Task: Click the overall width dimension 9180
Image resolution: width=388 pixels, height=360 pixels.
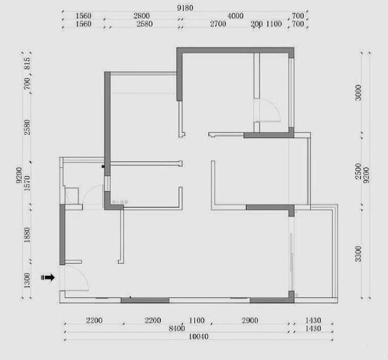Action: [185, 8]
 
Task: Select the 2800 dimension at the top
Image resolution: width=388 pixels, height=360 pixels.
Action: [141, 16]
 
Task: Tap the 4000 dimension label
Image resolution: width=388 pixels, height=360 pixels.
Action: [235, 16]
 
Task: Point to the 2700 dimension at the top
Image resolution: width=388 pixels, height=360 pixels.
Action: [218, 24]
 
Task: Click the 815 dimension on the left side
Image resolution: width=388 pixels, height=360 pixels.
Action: [27, 64]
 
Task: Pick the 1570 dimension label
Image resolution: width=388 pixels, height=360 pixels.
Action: [27, 183]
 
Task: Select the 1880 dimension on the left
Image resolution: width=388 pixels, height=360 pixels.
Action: [27, 235]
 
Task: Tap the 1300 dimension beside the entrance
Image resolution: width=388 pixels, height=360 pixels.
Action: [27, 281]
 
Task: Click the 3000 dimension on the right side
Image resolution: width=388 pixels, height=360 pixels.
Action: [358, 93]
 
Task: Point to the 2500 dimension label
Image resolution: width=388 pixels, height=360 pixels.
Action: [358, 172]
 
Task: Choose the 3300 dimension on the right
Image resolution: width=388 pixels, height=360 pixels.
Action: [358, 254]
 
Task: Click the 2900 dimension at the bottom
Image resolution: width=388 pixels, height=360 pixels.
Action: [250, 321]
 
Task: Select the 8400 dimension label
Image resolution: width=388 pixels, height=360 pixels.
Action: [176, 328]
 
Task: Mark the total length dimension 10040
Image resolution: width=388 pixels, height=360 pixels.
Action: [198, 336]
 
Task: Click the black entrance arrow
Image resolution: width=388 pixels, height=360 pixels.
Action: [48, 278]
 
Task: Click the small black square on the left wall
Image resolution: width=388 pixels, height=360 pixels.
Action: [103, 167]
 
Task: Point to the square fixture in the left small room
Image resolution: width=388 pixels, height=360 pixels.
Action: [72, 196]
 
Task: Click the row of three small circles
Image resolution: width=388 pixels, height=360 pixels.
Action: [120, 202]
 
